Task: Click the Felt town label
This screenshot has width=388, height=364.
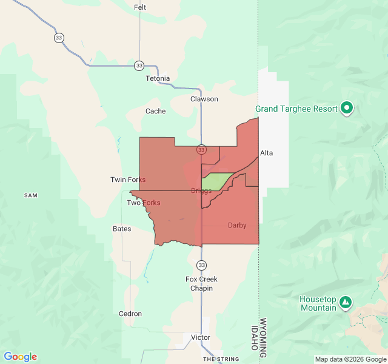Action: click(x=140, y=7)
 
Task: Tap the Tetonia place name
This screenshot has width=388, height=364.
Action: click(x=158, y=79)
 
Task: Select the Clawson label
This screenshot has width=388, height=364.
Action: click(x=204, y=99)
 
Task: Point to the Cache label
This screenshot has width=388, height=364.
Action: click(x=155, y=111)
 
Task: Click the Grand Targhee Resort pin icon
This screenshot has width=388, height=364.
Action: click(x=347, y=109)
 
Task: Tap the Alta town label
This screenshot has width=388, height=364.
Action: click(x=266, y=153)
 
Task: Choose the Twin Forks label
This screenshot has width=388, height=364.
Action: click(x=128, y=180)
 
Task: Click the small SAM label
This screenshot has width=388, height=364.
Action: click(x=30, y=195)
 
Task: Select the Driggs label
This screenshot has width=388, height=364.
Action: click(x=201, y=190)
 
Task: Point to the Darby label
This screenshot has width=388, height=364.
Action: click(x=237, y=225)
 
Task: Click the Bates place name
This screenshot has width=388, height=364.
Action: click(x=122, y=229)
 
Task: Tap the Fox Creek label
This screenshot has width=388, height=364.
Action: click(x=201, y=279)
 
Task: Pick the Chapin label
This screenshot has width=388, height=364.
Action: click(x=201, y=288)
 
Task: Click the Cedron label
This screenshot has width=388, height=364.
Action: click(x=130, y=314)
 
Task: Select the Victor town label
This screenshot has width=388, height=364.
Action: click(x=201, y=337)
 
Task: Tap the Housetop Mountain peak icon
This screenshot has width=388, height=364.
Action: click(x=345, y=302)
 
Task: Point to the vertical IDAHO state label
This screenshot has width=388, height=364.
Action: click(x=253, y=337)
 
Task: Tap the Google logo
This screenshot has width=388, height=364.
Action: click(x=20, y=357)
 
